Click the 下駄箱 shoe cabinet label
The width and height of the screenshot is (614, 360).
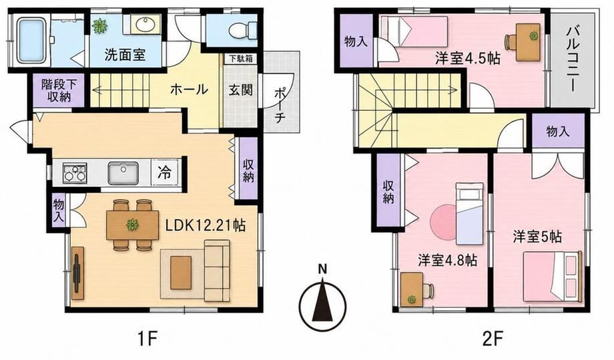tap(241, 59)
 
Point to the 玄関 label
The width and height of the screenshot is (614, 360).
tap(240, 90)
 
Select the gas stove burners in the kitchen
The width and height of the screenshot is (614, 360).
tap(75, 173)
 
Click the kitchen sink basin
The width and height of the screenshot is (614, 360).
tap(123, 173)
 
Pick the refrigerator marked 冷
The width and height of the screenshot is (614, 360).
tap(165, 172)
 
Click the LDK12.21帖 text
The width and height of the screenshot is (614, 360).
tap(205, 225)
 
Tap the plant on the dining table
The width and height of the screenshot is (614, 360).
tap(132, 224)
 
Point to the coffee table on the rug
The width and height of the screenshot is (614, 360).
tap(180, 273)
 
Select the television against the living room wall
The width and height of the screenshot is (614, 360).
tap(78, 273)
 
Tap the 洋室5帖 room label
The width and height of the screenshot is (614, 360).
tap(537, 236)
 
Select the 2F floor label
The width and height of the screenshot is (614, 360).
tap(492, 338)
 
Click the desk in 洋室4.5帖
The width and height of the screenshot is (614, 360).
tap(529, 42)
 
